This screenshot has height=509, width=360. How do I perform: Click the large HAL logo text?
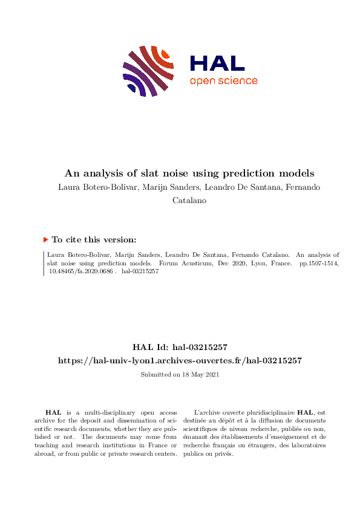(x=217, y=63)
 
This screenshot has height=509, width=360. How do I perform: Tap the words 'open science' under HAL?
(x=223, y=81)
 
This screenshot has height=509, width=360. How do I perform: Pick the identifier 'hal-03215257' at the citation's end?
(x=140, y=272)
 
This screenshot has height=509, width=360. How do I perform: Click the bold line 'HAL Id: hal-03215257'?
(x=180, y=347)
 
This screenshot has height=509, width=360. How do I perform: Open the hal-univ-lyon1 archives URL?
(x=180, y=360)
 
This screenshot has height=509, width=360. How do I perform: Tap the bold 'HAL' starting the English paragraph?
(x=53, y=412)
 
